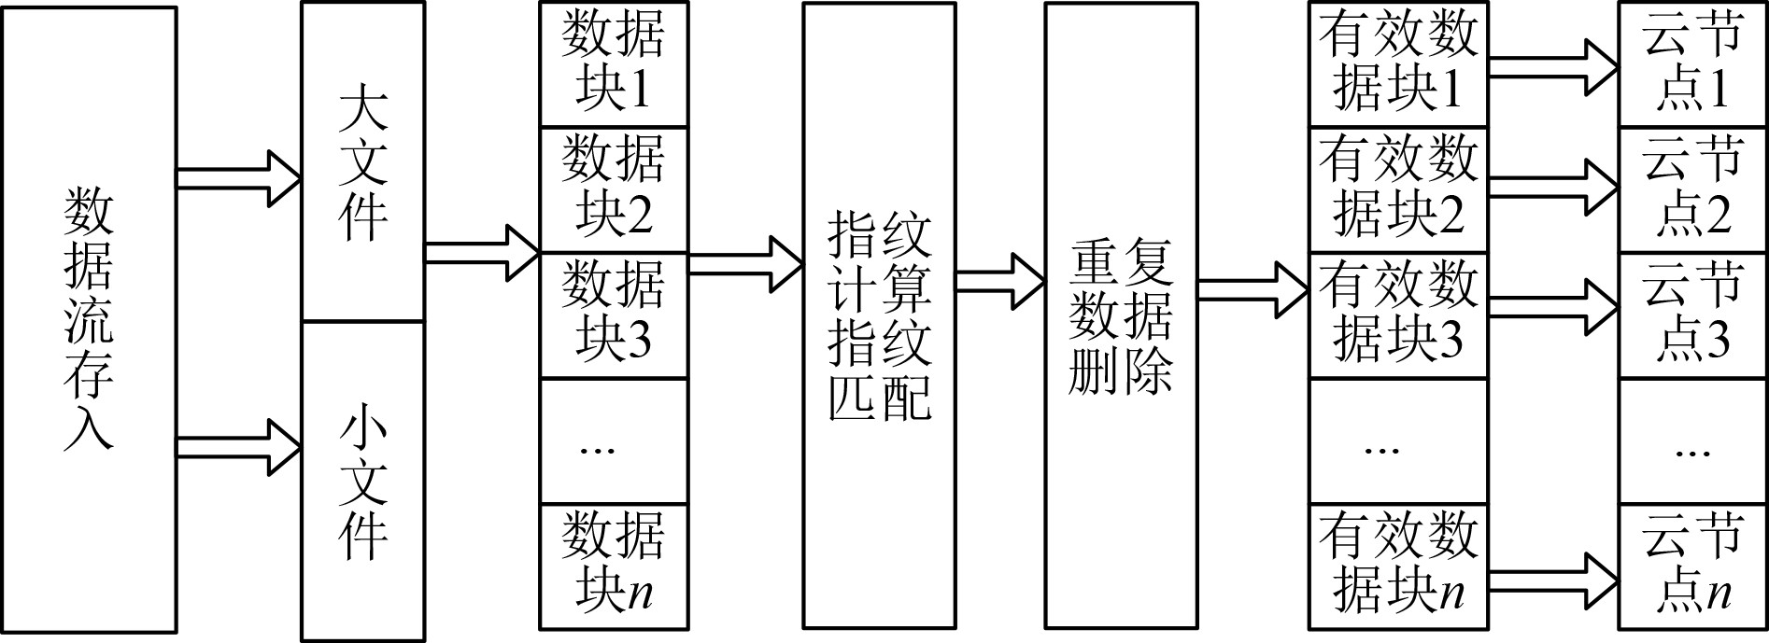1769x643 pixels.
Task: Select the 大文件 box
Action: (x=362, y=162)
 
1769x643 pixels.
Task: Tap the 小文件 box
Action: (x=362, y=482)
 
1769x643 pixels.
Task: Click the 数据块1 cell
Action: (x=614, y=64)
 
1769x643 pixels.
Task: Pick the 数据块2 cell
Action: (x=614, y=190)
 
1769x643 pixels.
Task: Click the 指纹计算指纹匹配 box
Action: (x=879, y=315)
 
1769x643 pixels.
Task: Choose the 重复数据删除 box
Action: (x=1121, y=315)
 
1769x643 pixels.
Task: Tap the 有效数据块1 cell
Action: (x=1398, y=64)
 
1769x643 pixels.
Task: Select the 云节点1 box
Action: (x=1692, y=64)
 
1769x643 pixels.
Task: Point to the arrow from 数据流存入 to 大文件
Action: (x=239, y=177)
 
